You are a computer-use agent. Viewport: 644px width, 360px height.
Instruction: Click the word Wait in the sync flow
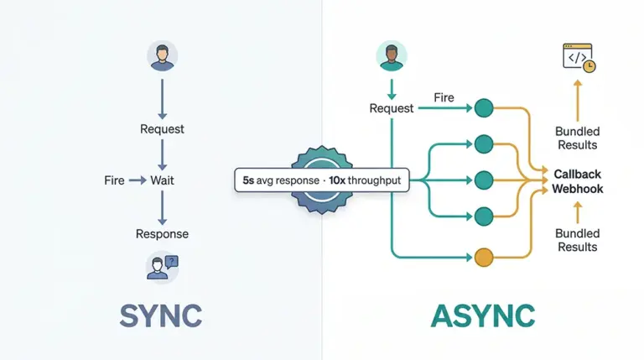(162, 180)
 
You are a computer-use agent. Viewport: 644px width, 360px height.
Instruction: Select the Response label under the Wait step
(162, 234)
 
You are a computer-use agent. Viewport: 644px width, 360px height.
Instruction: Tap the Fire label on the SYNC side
(114, 180)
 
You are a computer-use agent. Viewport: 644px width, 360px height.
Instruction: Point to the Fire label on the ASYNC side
(444, 98)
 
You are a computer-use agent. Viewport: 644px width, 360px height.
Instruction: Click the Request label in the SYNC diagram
(162, 129)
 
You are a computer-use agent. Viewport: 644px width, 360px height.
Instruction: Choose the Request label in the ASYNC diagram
(392, 108)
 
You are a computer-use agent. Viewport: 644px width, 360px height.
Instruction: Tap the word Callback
(578, 174)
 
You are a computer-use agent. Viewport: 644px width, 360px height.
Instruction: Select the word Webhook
(578, 189)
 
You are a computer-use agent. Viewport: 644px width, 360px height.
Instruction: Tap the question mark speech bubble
(173, 261)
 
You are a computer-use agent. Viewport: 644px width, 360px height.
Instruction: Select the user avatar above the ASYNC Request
(390, 57)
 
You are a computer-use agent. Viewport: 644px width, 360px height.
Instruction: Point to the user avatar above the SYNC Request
(162, 57)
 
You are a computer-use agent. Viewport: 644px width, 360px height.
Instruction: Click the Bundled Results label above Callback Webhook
(577, 138)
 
